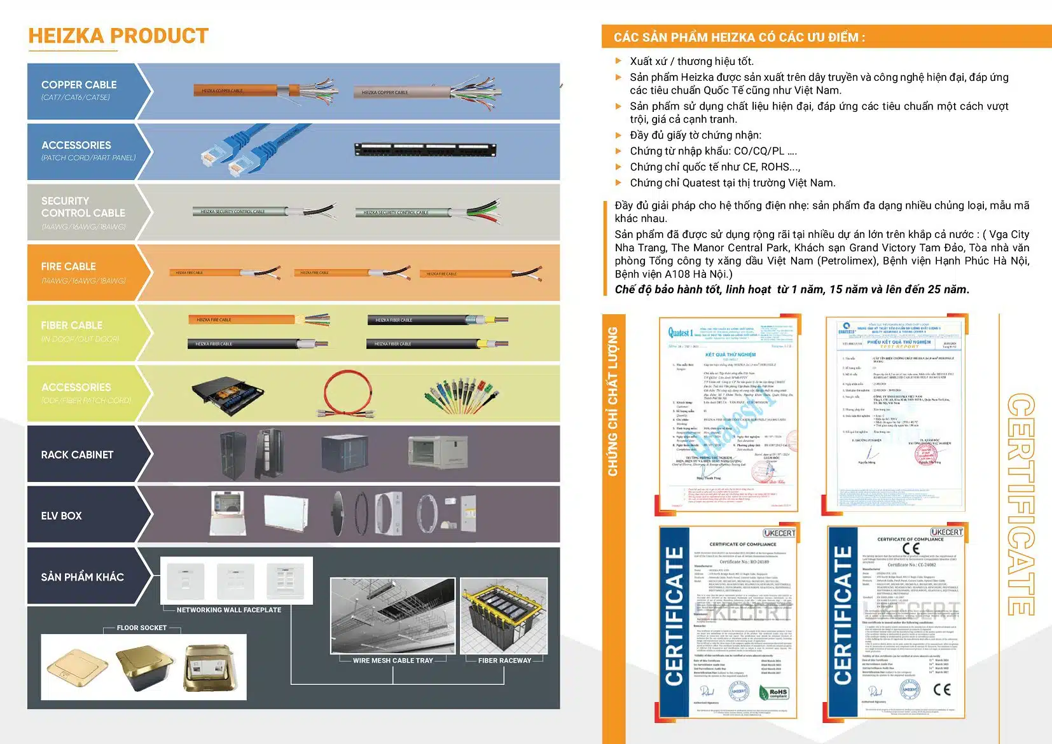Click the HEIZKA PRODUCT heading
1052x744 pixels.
(118, 36)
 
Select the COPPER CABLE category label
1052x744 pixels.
(79, 85)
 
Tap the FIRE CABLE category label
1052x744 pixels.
(69, 266)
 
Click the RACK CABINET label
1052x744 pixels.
(77, 455)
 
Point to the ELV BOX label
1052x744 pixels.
(61, 516)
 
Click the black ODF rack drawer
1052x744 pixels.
(227, 395)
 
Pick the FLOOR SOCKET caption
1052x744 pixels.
(141, 628)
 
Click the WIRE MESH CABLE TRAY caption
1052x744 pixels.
(392, 661)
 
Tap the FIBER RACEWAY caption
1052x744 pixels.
(504, 661)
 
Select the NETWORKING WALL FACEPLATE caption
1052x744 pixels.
(228, 610)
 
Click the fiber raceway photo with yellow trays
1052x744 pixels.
(503, 615)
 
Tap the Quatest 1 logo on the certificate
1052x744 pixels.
(680, 333)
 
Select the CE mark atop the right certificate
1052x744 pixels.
(910, 549)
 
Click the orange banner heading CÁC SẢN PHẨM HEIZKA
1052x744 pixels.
(739, 38)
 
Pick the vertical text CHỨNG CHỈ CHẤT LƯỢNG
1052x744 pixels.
(613, 401)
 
